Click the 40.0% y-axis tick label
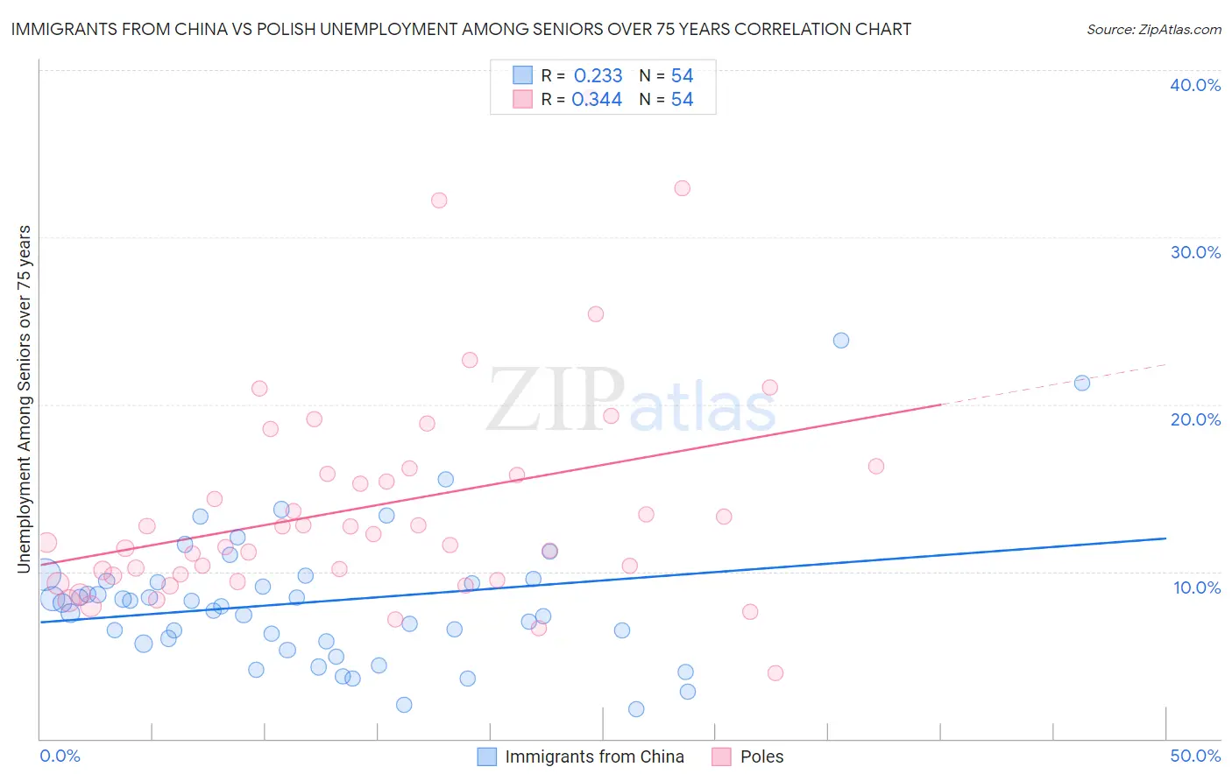click(1195, 85)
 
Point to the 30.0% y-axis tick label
click(1195, 252)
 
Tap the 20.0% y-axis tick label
click(1195, 419)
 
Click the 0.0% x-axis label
click(60, 756)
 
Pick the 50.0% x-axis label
click(1195, 756)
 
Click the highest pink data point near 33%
click(682, 188)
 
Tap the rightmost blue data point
click(1082, 383)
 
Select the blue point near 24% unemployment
click(841, 341)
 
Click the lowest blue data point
click(636, 709)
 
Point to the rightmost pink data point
click(876, 467)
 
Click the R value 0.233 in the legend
click(598, 76)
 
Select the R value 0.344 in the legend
click(597, 100)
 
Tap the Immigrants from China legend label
click(594, 756)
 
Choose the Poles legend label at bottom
click(761, 756)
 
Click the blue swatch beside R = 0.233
click(523, 75)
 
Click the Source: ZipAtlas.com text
click(1153, 30)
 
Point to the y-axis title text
click(25, 399)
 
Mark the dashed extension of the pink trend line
click(1051, 383)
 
